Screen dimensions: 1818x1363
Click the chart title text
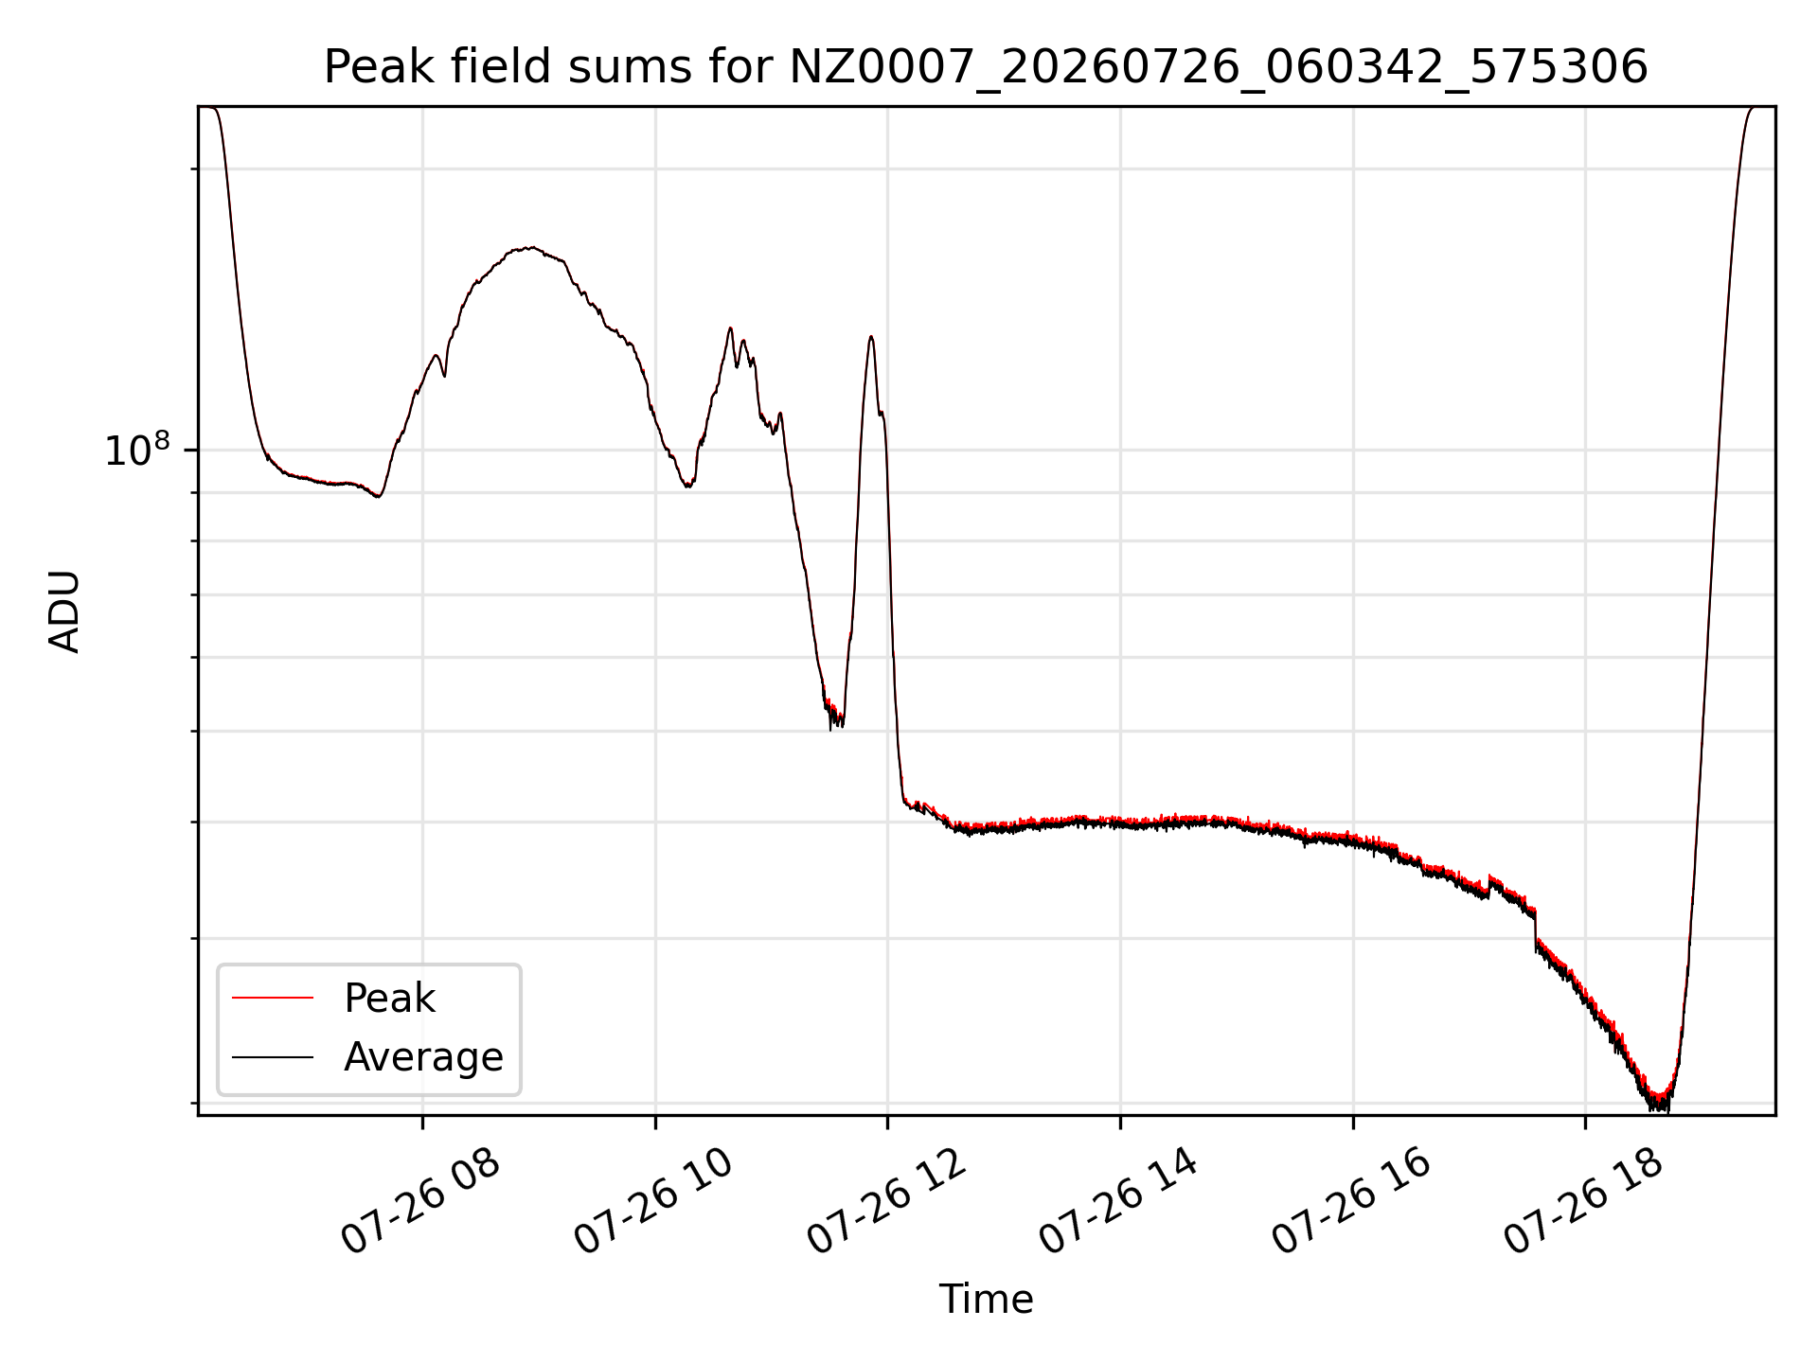coord(986,67)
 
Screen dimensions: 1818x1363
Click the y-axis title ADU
coord(64,611)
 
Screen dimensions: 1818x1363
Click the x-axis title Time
coord(986,1299)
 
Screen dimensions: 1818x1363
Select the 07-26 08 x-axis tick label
coord(420,1202)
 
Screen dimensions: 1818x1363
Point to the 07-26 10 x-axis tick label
coord(653,1202)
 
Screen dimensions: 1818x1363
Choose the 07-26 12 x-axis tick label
coord(886,1202)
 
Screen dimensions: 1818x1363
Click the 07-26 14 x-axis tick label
coord(1119,1202)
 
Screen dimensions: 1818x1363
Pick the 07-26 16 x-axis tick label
coord(1351,1202)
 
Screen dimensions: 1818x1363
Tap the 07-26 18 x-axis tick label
coord(1584,1202)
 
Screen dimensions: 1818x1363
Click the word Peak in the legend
coord(389,999)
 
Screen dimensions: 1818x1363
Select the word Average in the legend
coord(423,1057)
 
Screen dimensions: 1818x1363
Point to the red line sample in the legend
coord(273,998)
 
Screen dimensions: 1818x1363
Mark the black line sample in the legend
coord(273,1056)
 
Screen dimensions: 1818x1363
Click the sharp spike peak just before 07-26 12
coord(870,337)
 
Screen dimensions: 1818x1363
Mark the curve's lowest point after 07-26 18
coord(1659,1106)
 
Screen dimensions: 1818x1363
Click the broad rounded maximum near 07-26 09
coord(532,248)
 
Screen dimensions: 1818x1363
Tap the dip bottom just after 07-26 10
coord(688,486)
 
